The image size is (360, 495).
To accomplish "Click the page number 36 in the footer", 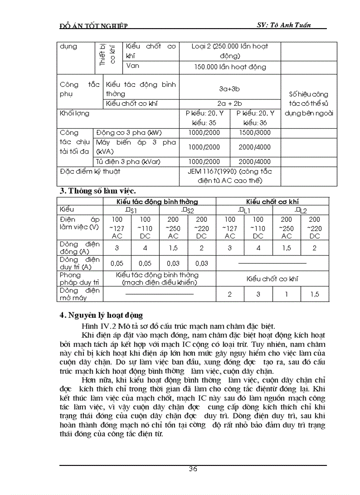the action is click(193, 469).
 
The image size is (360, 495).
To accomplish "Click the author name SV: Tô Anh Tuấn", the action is click(284, 25).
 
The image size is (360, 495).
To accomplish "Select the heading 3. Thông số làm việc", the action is click(97, 191).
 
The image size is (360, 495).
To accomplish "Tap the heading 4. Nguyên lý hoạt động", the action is click(101, 316).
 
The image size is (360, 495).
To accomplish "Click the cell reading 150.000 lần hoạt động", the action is click(230, 67).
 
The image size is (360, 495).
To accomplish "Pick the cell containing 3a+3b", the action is click(229, 89).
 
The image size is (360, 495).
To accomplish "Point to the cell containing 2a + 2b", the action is click(229, 104).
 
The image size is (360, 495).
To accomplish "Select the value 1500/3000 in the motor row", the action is click(255, 133).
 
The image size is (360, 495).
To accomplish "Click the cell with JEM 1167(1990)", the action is click(229, 175).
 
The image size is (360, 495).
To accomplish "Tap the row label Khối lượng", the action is click(75, 114).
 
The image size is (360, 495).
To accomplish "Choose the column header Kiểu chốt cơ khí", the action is click(272, 201).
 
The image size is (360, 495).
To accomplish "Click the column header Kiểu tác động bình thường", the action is click(160, 201).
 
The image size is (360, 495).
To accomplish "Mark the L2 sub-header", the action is click(301, 210).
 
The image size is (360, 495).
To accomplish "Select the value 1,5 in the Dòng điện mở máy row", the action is click(315, 294).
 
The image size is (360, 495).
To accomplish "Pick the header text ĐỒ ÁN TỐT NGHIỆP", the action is click(93, 26).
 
